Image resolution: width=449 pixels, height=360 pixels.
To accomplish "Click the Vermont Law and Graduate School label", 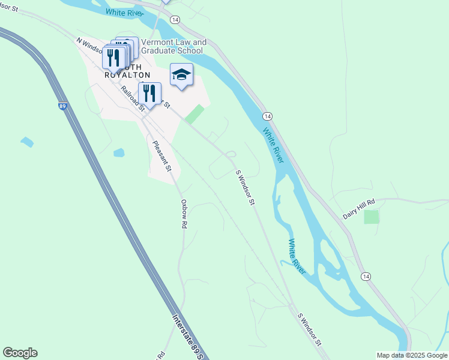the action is pyautogui.click(x=173, y=46).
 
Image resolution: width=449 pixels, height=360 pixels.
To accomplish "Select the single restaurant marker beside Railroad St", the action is pyautogui.click(x=150, y=94).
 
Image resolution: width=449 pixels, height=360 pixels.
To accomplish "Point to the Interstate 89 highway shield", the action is pyautogui.click(x=62, y=106).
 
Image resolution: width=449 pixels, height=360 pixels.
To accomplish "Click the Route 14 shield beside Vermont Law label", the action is pyautogui.click(x=175, y=20).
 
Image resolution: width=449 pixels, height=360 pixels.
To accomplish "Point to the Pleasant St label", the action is pyautogui.click(x=162, y=155).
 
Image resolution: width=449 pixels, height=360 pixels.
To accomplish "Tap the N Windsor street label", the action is pyautogui.click(x=89, y=47).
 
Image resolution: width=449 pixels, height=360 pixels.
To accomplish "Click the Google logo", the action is pyautogui.click(x=20, y=353).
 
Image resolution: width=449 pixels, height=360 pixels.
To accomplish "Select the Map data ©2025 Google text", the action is pyautogui.click(x=412, y=355).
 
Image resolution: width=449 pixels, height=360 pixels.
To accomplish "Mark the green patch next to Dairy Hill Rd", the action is pyautogui.click(x=372, y=217).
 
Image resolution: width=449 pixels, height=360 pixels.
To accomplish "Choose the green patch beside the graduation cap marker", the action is pyautogui.click(x=194, y=115).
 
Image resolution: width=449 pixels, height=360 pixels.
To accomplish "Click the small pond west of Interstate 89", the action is pyautogui.click(x=26, y=142).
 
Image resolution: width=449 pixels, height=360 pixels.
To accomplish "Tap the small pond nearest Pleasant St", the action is pyautogui.click(x=118, y=152).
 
